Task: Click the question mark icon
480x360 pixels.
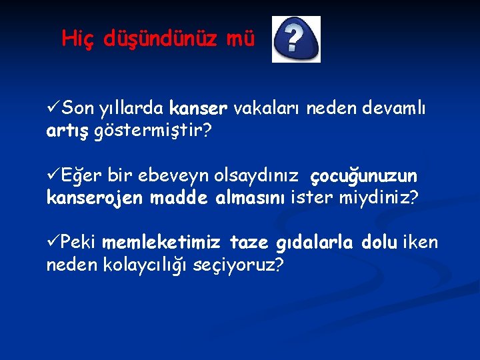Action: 296,39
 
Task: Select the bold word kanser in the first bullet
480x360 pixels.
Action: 199,108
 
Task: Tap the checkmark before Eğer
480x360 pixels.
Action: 53,175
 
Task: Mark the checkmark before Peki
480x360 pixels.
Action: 53,243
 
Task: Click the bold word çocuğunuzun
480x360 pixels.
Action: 364,176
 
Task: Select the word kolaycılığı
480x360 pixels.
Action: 146,266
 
